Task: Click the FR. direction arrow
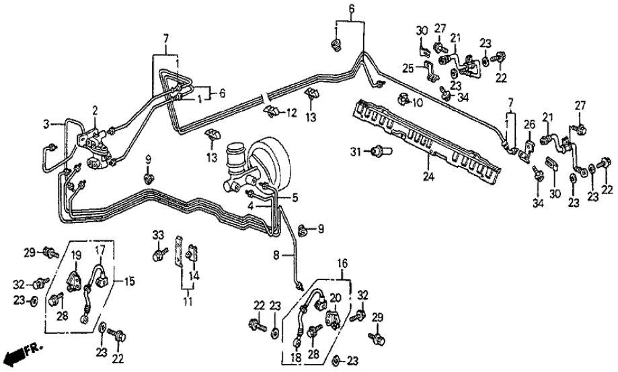point(19,352)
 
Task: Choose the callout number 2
point(95,110)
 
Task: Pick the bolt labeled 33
point(159,254)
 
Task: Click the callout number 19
point(77,255)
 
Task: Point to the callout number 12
point(293,112)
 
